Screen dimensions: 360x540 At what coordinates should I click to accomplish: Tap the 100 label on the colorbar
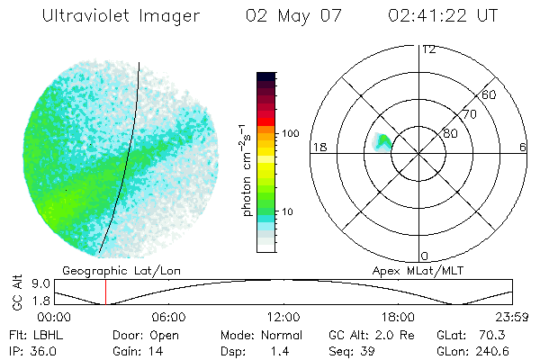pos(290,133)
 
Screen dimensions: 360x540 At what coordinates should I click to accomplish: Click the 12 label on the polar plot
pos(428,49)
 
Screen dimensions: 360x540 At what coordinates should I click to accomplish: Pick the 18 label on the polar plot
pos(318,147)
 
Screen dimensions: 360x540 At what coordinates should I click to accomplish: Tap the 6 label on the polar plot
pos(522,147)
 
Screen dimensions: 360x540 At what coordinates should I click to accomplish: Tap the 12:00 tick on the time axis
pos(283,317)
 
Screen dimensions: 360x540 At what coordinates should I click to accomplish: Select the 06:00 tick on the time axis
pos(168,317)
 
